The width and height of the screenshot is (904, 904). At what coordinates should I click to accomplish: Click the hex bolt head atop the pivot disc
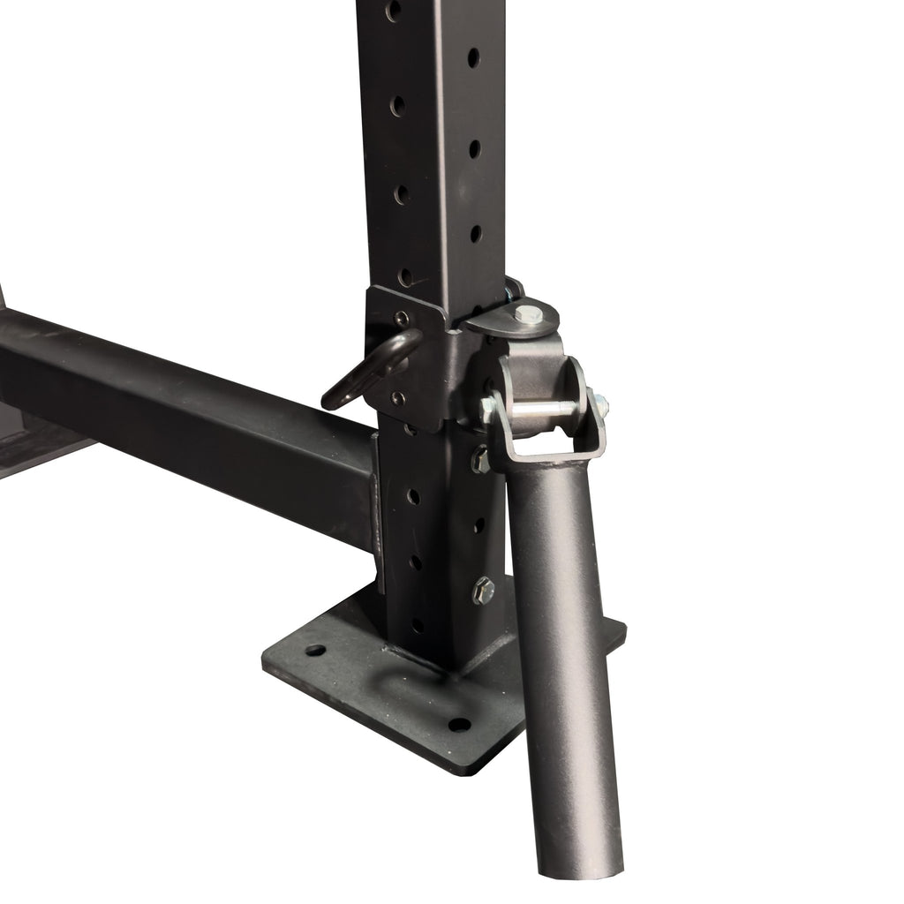[x=528, y=313]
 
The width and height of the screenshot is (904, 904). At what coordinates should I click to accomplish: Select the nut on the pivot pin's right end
[x=601, y=403]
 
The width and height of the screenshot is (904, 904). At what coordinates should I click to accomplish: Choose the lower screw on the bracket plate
[x=398, y=399]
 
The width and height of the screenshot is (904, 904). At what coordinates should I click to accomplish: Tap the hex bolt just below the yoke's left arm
[x=481, y=459]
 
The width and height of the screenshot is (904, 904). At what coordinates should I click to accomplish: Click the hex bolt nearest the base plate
[x=483, y=591]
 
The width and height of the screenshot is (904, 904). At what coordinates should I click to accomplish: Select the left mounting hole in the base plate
[x=315, y=651]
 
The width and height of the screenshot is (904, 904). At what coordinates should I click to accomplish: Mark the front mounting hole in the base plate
[x=459, y=725]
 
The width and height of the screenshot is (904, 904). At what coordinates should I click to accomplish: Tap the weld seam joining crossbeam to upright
[x=378, y=512]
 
